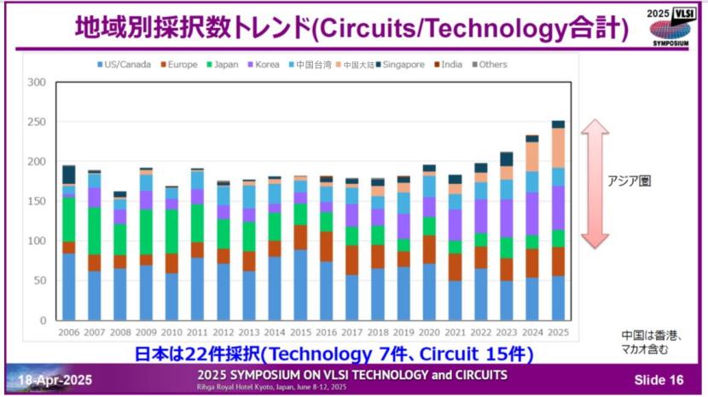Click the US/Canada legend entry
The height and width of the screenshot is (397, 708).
[128, 64]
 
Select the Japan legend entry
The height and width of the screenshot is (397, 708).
[222, 64]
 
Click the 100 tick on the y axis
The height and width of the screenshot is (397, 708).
[35, 241]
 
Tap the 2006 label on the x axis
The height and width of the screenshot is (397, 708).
[69, 331]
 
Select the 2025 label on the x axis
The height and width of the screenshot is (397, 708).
[559, 331]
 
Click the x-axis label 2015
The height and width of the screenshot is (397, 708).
[301, 331]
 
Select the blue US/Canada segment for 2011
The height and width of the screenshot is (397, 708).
[198, 288]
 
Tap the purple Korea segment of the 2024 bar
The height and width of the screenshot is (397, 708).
[532, 213]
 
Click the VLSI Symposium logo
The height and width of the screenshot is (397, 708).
[668, 26]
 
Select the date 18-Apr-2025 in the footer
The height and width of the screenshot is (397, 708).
[52, 379]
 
